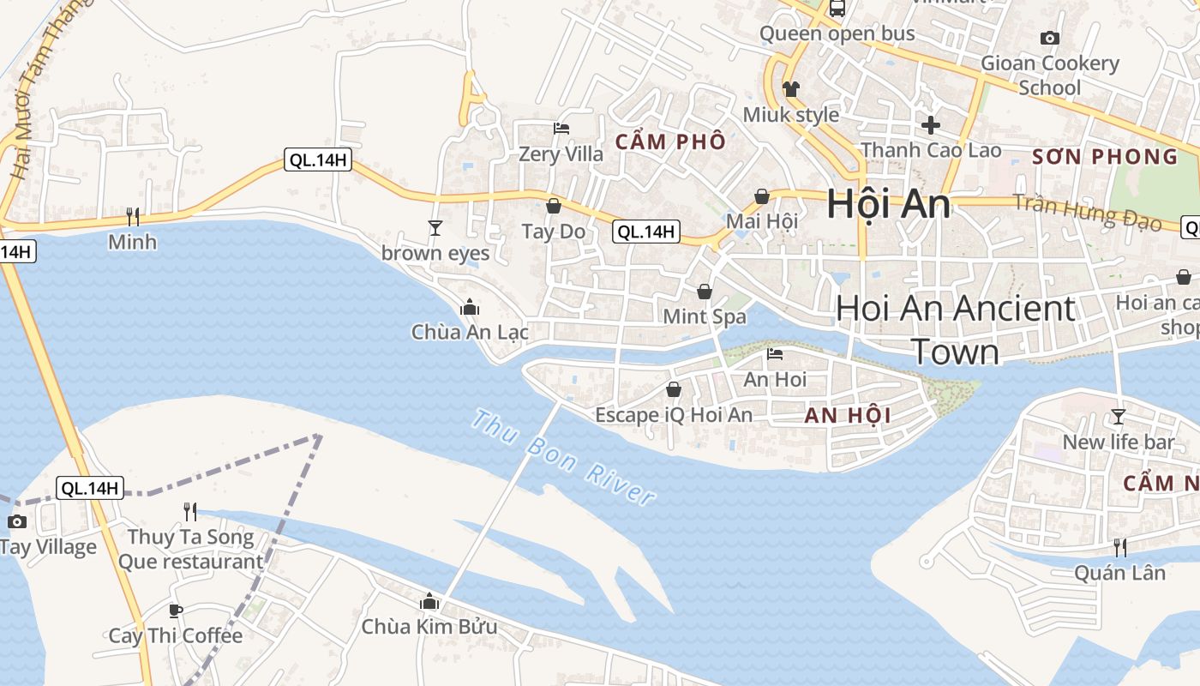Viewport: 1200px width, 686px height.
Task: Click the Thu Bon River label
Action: pos(564,458)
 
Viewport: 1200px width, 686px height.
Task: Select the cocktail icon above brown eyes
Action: pos(435,227)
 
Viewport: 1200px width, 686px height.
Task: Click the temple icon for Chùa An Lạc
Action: pos(470,307)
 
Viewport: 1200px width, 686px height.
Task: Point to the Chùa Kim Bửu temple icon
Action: pos(429,602)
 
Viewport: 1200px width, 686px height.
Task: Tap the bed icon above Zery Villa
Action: pos(561,129)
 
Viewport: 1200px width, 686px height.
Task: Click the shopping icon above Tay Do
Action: pos(554,206)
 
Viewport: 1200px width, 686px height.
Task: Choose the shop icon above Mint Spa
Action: pos(705,292)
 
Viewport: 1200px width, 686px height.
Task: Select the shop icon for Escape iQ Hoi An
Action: pos(674,389)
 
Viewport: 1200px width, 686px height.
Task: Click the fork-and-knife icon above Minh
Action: pos(133,216)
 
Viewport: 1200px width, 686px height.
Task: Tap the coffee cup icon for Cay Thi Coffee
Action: pos(176,611)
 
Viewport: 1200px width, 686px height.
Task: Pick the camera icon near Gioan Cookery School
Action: pos(1049,38)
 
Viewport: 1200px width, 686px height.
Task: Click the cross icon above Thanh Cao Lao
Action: pos(931,125)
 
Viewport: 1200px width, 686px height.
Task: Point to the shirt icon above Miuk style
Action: pos(790,89)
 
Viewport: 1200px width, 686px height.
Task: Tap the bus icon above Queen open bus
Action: pos(837,9)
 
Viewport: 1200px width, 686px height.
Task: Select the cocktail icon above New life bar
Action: pos(1118,417)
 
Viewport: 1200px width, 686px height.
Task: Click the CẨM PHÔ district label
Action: pos(671,141)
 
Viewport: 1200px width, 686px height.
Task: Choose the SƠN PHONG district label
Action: pos(1105,157)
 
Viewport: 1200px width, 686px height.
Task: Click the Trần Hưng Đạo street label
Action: pos(1087,213)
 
